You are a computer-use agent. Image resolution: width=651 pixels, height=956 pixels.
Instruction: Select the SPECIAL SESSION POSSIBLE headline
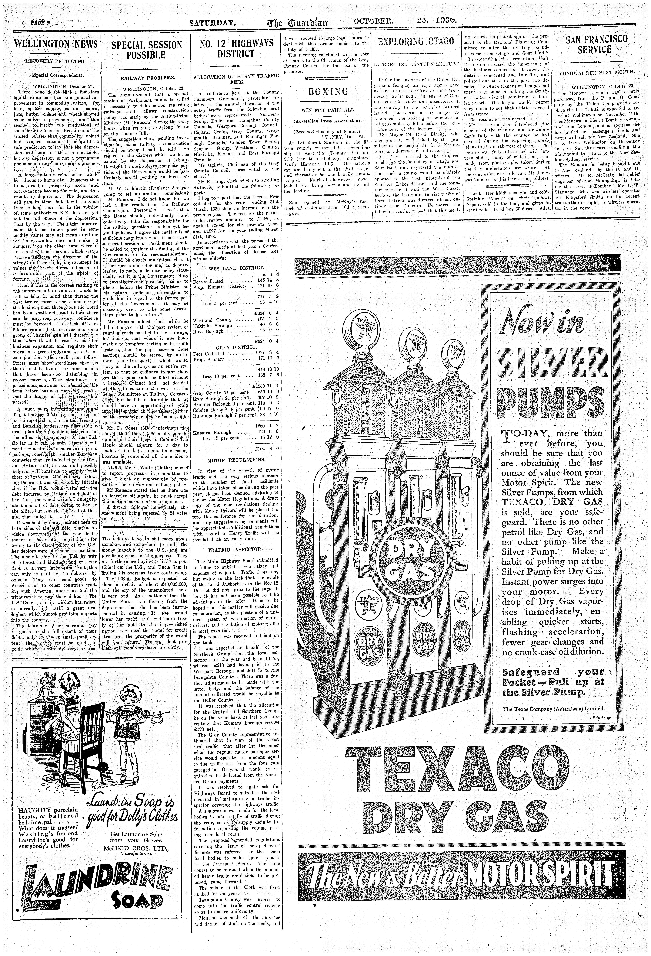click(x=147, y=50)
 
